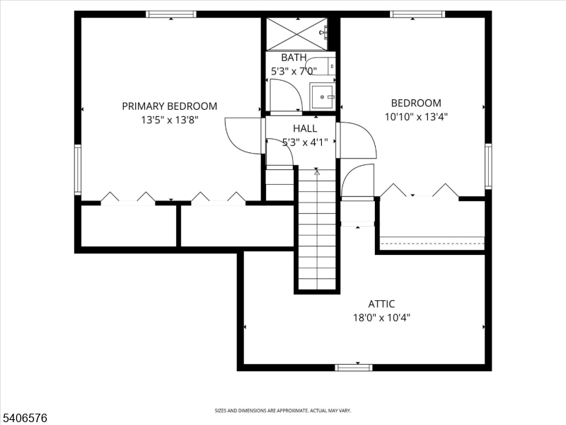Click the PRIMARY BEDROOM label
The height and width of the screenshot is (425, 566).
pyautogui.click(x=169, y=106)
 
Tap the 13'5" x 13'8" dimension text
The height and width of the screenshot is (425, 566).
pyautogui.click(x=170, y=120)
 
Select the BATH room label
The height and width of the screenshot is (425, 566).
pyautogui.click(x=294, y=57)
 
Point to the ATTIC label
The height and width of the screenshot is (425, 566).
pyautogui.click(x=381, y=304)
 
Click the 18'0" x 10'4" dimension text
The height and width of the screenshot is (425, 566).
pyautogui.click(x=381, y=318)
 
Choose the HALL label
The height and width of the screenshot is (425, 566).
pyautogui.click(x=305, y=129)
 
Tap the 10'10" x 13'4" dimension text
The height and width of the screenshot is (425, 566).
pyautogui.click(x=416, y=117)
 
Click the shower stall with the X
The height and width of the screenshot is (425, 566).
pyautogui.click(x=296, y=34)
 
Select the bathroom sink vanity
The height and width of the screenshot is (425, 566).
pyautogui.click(x=323, y=96)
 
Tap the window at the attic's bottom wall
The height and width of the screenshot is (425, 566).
pyautogui.click(x=354, y=368)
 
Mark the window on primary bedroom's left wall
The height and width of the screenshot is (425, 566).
pyautogui.click(x=78, y=169)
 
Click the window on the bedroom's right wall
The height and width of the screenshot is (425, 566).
pyautogui.click(x=488, y=166)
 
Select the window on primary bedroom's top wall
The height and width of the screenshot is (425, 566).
pyautogui.click(x=171, y=14)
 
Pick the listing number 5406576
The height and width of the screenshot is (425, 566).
pyautogui.click(x=24, y=418)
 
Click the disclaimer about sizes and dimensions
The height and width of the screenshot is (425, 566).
pyautogui.click(x=282, y=411)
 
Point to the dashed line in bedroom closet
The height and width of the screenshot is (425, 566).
pyautogui.click(x=432, y=244)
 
